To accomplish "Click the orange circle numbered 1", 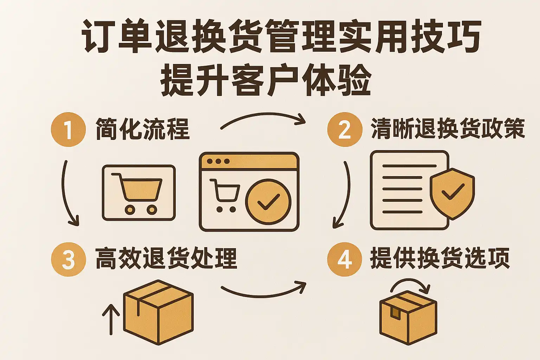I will point(68,129).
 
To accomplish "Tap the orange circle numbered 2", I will point(345,129).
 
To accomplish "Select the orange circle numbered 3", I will point(68,259).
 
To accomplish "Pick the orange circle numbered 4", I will point(345,259).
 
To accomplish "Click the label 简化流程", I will point(142,129).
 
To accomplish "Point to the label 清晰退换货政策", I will point(448,129).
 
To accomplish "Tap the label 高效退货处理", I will point(166,259).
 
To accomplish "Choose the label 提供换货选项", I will point(439,259).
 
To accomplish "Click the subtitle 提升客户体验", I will point(266,81).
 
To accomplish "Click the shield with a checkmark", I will point(452,193).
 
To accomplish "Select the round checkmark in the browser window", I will point(268,201).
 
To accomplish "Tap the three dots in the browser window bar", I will point(218,161).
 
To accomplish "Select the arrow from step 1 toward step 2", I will point(263,119).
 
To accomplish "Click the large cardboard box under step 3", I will point(158,311).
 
